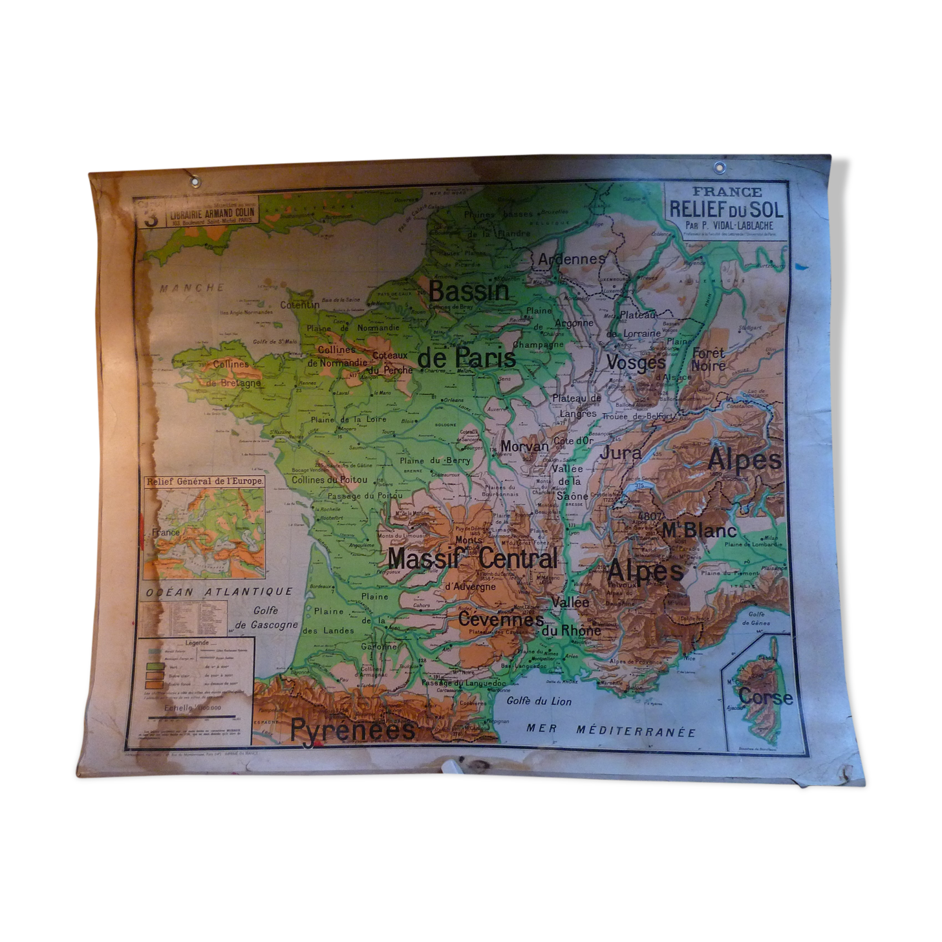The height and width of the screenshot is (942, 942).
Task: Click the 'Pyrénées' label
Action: pyautogui.click(x=352, y=730)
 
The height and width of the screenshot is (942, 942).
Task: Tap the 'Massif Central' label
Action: pyautogui.click(x=472, y=559)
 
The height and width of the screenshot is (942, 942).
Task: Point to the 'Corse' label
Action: pyautogui.click(x=765, y=697)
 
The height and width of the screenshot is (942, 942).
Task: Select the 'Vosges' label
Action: pyautogui.click(x=636, y=363)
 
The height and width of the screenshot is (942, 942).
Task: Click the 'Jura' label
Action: pyautogui.click(x=620, y=453)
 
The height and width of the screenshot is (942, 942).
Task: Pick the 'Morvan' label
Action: pyautogui.click(x=524, y=446)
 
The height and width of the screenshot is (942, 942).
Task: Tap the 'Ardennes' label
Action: pyautogui.click(x=572, y=259)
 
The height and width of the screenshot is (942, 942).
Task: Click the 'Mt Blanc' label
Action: pyautogui.click(x=699, y=531)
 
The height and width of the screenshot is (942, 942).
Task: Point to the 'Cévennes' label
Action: pyautogui.click(x=500, y=619)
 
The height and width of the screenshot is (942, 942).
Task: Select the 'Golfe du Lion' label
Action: pyautogui.click(x=539, y=701)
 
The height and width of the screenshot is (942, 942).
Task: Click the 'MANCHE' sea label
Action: pyautogui.click(x=193, y=288)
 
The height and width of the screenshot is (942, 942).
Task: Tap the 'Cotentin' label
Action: pyautogui.click(x=299, y=304)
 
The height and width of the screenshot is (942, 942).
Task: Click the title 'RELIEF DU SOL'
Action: pyautogui.click(x=725, y=209)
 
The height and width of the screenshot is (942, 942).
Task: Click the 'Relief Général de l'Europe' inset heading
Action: pyautogui.click(x=204, y=482)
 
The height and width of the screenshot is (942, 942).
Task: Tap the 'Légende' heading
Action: pyautogui.click(x=197, y=643)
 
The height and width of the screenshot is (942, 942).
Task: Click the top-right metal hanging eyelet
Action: pyautogui.click(x=719, y=167)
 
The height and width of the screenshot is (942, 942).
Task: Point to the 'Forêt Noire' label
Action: pyautogui.click(x=708, y=359)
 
